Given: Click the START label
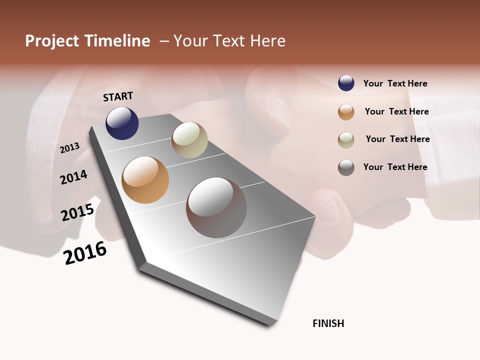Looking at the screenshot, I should point(118,96).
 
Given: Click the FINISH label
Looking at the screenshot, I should point(328,323).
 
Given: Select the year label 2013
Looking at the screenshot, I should point(70,148).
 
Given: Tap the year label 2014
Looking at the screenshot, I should point(74,177).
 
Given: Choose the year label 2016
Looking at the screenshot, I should point(85,252).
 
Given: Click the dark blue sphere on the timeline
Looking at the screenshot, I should point(122,123).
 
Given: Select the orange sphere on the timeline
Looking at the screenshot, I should point(145,180).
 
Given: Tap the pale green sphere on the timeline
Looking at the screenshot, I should point(189,140).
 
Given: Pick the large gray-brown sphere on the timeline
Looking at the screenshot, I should point(216,207).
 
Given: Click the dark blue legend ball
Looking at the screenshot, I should point(346,83).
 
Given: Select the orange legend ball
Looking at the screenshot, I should point(346,112).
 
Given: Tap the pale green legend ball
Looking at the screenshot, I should point(346,140).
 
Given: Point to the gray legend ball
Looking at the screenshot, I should point(346,167).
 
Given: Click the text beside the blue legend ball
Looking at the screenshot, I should point(395,84).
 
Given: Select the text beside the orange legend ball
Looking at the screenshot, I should point(396,111).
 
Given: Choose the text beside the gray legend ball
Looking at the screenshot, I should point(395,167).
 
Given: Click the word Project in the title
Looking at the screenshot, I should point(52,41).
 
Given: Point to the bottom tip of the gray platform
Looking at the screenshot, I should point(270,325).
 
